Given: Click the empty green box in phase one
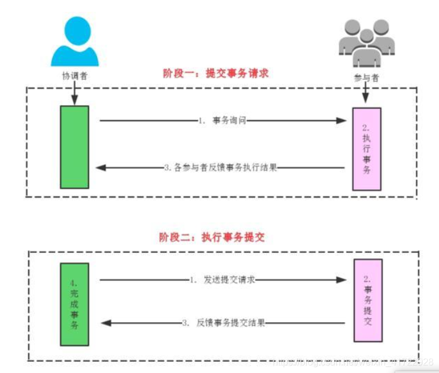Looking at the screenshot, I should (x=75, y=147).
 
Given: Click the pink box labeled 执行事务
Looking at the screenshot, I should (x=367, y=149).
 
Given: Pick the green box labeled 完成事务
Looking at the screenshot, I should (x=75, y=303).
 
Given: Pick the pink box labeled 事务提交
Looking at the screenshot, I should (x=367, y=300).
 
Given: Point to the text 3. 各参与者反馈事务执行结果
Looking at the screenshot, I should (x=221, y=168).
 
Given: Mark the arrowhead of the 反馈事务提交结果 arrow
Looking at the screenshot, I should (x=106, y=323).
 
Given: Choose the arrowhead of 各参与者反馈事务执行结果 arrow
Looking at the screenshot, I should (x=101, y=168).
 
